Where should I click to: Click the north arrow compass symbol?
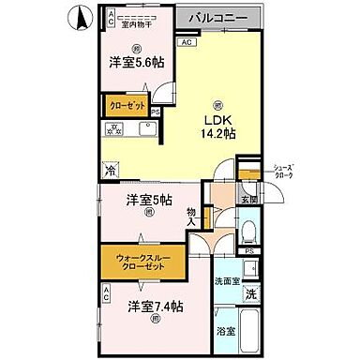tap(81, 16)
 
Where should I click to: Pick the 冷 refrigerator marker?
tap(111, 171)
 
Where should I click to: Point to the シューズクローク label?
tap(283, 170)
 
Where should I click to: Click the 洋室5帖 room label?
tap(145, 199)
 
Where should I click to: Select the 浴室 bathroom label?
tap(225, 331)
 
